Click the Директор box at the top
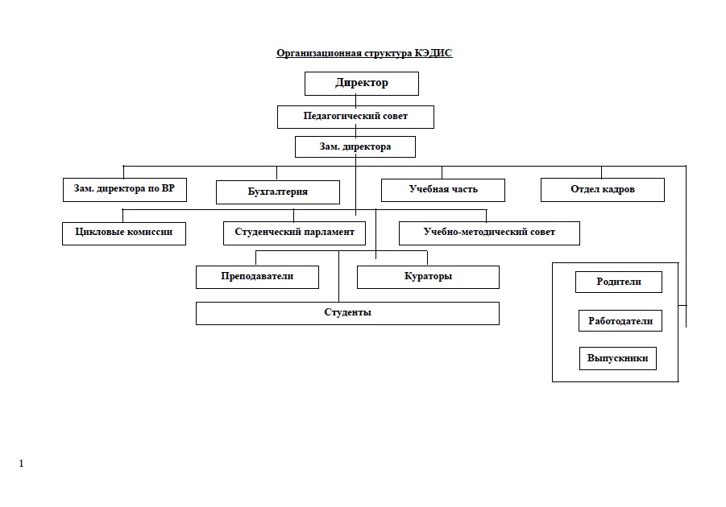[x=362, y=84]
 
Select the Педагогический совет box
[x=355, y=117]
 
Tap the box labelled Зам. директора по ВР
[x=125, y=190]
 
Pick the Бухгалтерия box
[x=278, y=192]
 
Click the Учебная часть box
[x=443, y=190]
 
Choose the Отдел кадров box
[x=603, y=190]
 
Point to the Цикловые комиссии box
[x=124, y=233]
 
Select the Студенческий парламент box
[x=294, y=233]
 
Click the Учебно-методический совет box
[x=489, y=233]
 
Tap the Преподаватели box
[x=257, y=277]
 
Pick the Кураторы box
[x=429, y=277]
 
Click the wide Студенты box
[x=348, y=313]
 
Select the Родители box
[x=619, y=282]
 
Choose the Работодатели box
[x=620, y=320]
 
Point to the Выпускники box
[x=618, y=358]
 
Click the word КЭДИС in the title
[x=434, y=53]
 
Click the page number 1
[x=21, y=464]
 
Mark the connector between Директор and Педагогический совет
[x=355, y=101]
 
